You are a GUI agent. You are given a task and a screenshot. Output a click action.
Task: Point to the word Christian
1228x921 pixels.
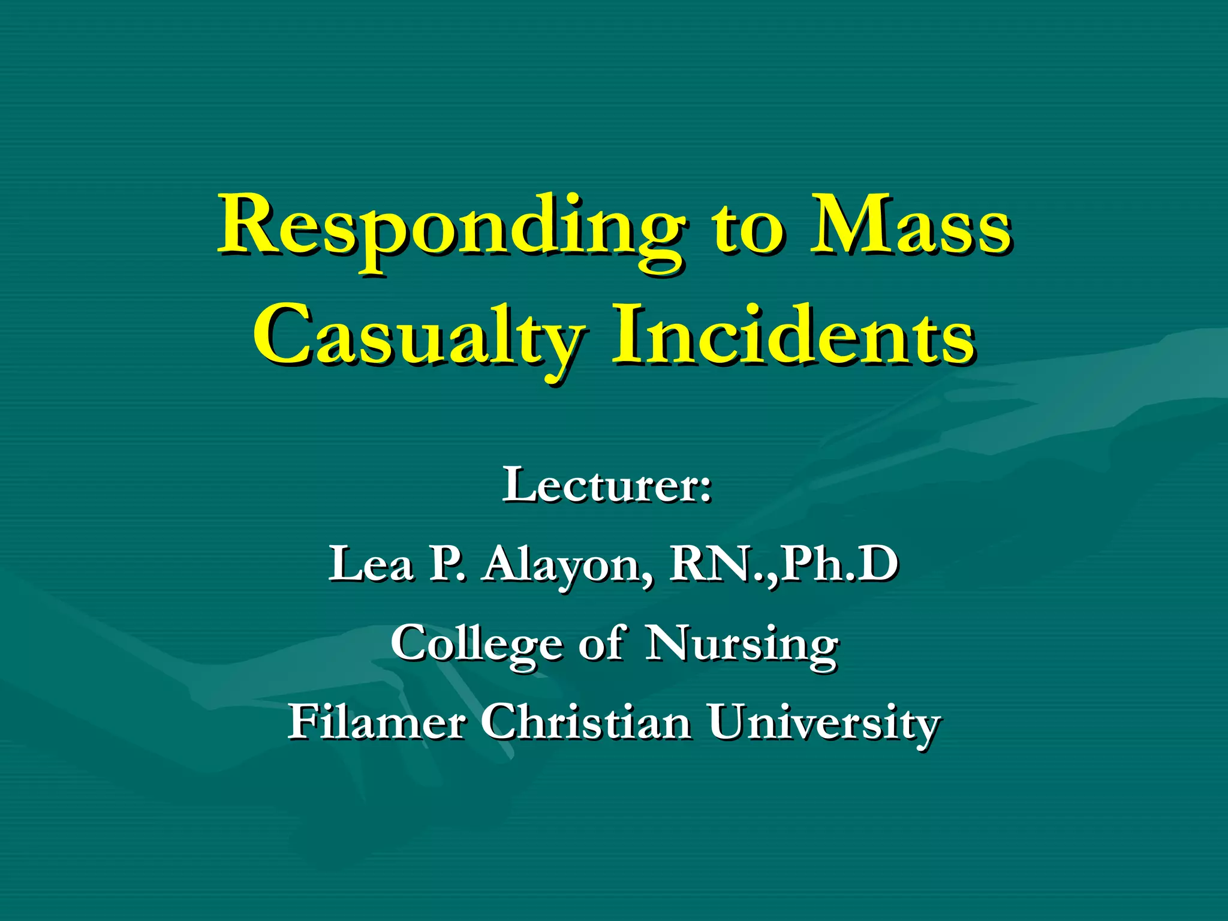(x=585, y=722)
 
